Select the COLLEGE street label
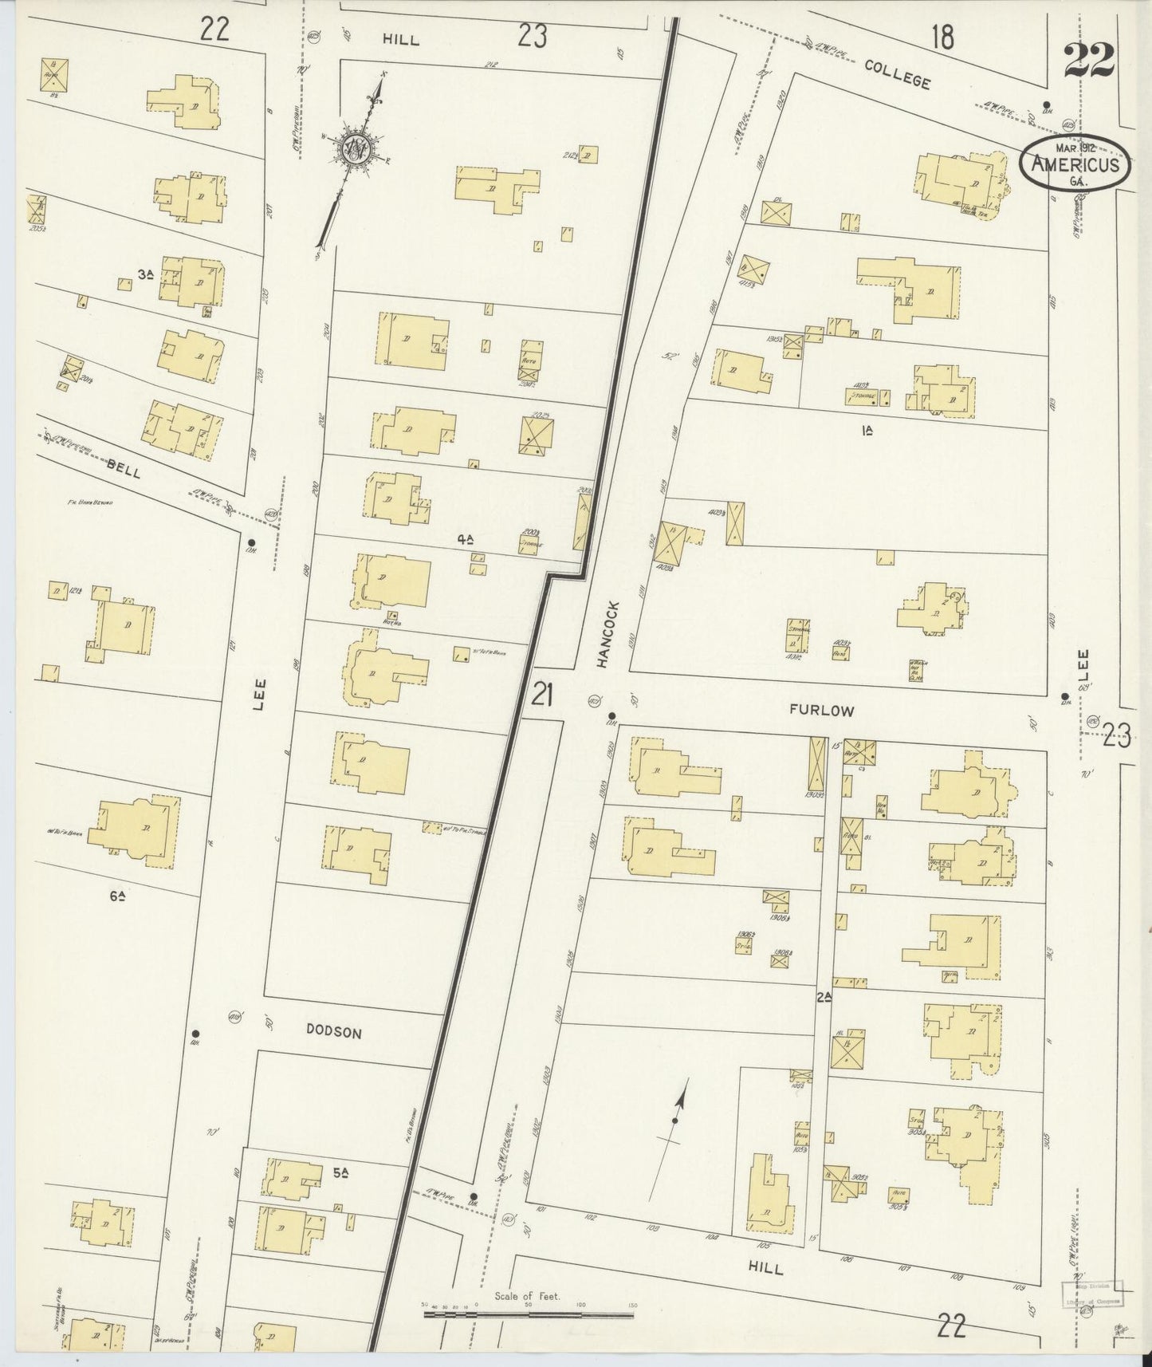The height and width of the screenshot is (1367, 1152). (x=898, y=76)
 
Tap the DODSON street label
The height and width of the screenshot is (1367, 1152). (x=334, y=1031)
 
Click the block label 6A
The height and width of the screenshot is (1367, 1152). (x=120, y=896)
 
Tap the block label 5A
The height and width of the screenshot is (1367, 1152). (x=342, y=1172)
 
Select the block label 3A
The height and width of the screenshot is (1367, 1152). (x=145, y=274)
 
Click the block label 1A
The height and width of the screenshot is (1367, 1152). (x=867, y=431)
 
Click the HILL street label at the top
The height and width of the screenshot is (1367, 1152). (x=401, y=39)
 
